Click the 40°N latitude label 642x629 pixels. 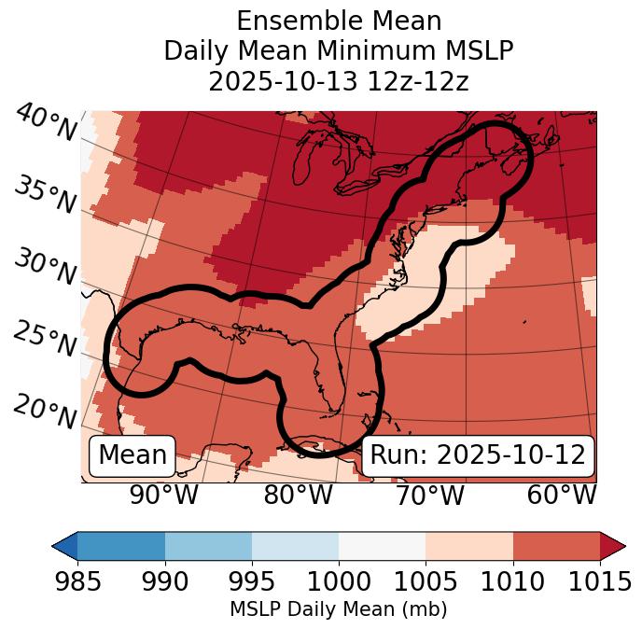pos(46,123)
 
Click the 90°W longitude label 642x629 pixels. pos(164,496)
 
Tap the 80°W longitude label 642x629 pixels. pos(298,496)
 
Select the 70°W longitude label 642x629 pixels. pos(430,496)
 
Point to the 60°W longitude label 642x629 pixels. pos(562,496)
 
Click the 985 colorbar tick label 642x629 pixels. pos(77,582)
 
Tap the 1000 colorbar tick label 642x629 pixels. pos(339,582)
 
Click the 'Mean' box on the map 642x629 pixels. pos(133,455)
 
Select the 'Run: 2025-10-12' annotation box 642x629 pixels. pos(478,455)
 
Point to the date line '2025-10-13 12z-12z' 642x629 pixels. pos(339,81)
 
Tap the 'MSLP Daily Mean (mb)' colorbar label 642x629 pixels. pos(339,610)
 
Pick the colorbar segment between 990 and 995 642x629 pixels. pos(208,545)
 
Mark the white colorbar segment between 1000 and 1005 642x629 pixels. pos(382,545)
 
